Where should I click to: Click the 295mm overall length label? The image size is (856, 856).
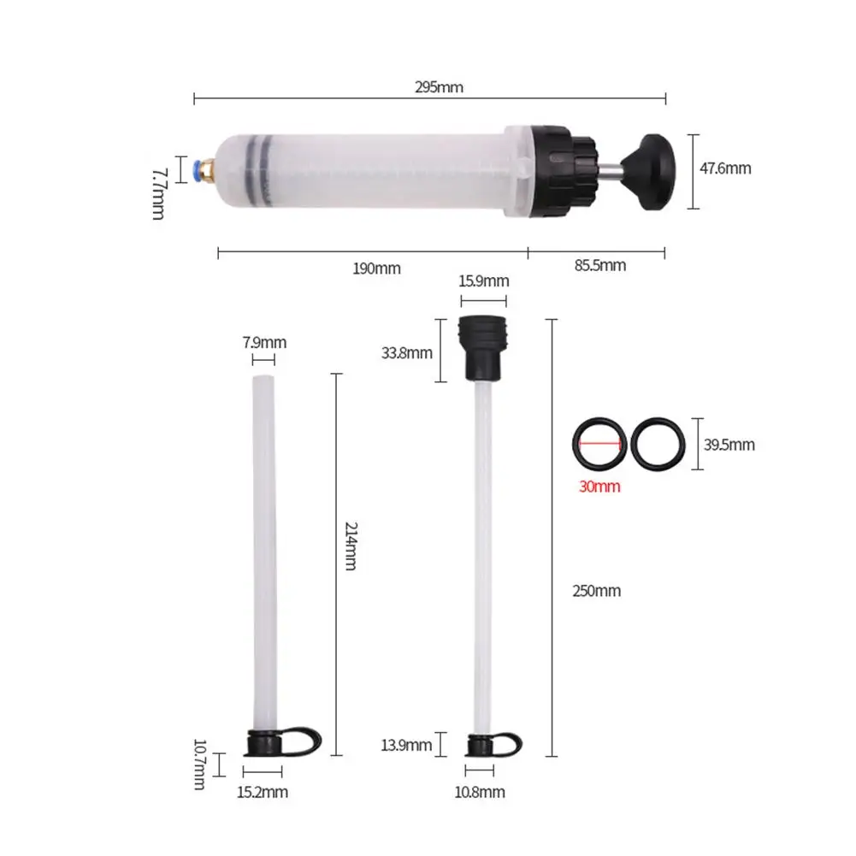pyautogui.click(x=439, y=86)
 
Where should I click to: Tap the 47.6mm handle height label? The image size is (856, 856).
pyautogui.click(x=725, y=168)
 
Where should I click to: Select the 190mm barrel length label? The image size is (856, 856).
pyautogui.click(x=376, y=269)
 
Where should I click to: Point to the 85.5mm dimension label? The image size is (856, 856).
pyautogui.click(x=599, y=266)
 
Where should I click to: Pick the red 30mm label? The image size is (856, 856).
pyautogui.click(x=598, y=487)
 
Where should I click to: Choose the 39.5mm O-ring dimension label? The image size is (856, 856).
pyautogui.click(x=729, y=445)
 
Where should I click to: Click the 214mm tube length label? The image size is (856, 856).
pyautogui.click(x=349, y=546)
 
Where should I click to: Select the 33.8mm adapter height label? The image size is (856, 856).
pyautogui.click(x=406, y=352)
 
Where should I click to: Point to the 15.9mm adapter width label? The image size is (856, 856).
pyautogui.click(x=483, y=280)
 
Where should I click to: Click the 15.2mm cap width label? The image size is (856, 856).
pyautogui.click(x=262, y=792)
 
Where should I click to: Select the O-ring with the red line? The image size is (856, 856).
pyautogui.click(x=597, y=444)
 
